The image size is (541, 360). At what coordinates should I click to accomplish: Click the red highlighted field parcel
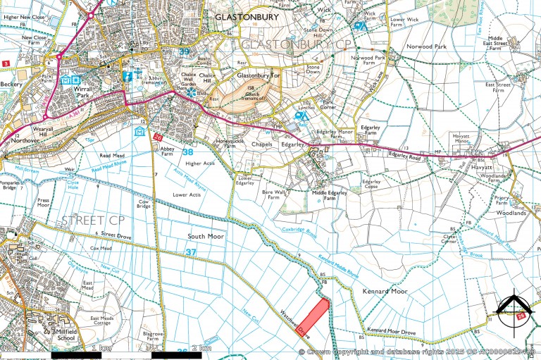pyautogui.click(x=314, y=314)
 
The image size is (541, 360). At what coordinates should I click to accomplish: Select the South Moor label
pyautogui.click(x=206, y=237)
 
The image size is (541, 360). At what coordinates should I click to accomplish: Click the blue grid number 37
pyautogui.click(x=192, y=252)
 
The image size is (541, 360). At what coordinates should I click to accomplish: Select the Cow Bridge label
pyautogui.click(x=143, y=204)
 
